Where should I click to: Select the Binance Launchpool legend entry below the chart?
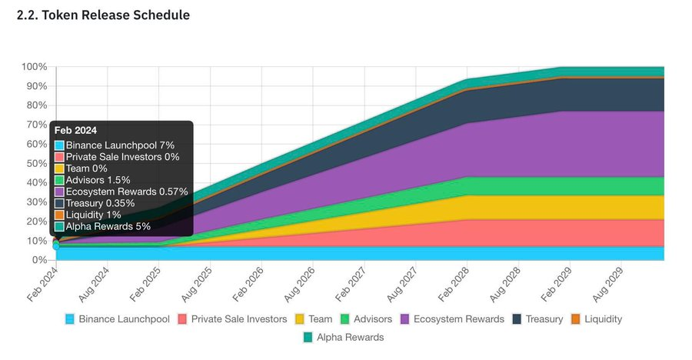[x=118, y=319]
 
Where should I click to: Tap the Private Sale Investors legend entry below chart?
[x=232, y=319]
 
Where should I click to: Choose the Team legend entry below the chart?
[x=314, y=319]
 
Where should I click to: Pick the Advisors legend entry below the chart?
[x=366, y=319]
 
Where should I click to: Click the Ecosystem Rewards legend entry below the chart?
[x=452, y=319]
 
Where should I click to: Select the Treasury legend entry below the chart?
[x=538, y=319]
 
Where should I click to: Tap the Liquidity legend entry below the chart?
[x=597, y=319]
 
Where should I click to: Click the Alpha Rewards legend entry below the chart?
[x=344, y=337]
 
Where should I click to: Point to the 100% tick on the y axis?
[x=34, y=67]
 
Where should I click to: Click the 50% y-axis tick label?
[x=37, y=163]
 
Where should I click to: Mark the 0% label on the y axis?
[x=39, y=260]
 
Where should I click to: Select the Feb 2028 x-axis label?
[x=453, y=284]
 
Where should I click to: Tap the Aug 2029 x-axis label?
[x=607, y=284]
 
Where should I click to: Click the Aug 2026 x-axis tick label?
[x=299, y=284]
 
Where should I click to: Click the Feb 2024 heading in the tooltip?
[x=75, y=130]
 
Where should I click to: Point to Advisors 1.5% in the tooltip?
[x=92, y=180]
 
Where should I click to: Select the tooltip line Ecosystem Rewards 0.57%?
[x=121, y=192]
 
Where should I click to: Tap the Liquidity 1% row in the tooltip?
[x=88, y=215]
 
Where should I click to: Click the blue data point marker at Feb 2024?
[x=56, y=246]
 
